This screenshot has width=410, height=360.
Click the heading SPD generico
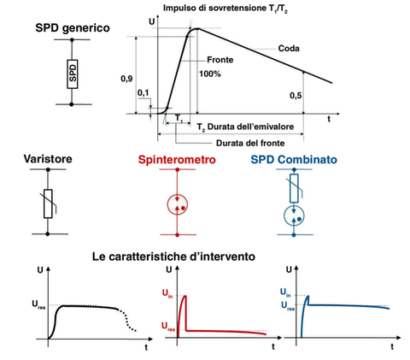pyautogui.click(x=73, y=28)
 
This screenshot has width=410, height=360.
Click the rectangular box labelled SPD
pyautogui.click(x=73, y=74)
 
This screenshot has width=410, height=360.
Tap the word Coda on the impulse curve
pyautogui.click(x=289, y=49)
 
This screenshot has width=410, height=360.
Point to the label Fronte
pyautogui.click(x=220, y=60)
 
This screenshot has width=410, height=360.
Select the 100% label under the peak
pyautogui.click(x=210, y=74)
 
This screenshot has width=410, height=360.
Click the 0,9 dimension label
pyautogui.click(x=126, y=79)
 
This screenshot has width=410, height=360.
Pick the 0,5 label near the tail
pyautogui.click(x=296, y=96)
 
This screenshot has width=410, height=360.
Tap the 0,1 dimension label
pyautogui.click(x=143, y=93)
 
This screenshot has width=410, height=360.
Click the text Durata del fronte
pyautogui.click(x=250, y=143)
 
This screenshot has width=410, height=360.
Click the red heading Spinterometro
pyautogui.click(x=177, y=159)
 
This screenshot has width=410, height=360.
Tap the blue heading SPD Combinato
pyautogui.click(x=294, y=159)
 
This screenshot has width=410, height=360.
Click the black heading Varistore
pyautogui.click(x=48, y=159)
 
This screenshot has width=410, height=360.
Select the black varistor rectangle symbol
pyautogui.click(x=48, y=204)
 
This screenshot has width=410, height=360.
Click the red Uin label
pyautogui.click(x=167, y=293)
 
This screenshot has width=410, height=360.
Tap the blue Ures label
pyautogui.click(x=288, y=306)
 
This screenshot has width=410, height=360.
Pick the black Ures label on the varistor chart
pyautogui.click(x=38, y=304)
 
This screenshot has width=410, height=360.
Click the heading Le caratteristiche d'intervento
pyautogui.click(x=173, y=257)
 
